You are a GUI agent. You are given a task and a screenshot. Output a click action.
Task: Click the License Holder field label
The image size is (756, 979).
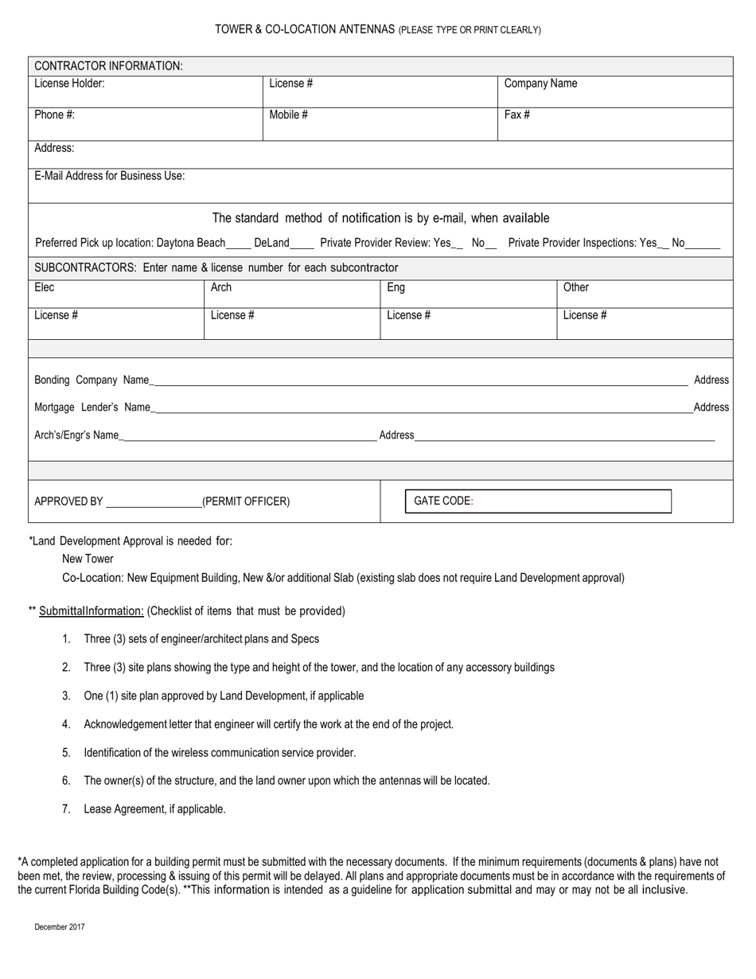(x=69, y=84)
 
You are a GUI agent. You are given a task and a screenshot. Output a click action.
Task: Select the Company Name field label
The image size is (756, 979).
(x=540, y=84)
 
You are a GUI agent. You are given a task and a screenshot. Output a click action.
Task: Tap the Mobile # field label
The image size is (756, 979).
(x=288, y=115)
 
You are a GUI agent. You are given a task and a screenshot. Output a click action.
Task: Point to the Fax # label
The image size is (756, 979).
(x=516, y=115)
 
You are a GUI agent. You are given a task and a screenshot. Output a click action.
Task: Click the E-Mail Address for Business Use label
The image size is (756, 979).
(x=109, y=176)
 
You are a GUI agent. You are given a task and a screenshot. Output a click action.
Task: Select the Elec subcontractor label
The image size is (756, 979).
(x=45, y=287)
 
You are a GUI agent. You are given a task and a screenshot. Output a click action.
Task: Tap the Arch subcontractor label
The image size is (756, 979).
(x=221, y=287)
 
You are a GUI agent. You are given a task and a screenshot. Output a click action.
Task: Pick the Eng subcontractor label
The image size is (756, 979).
(x=396, y=287)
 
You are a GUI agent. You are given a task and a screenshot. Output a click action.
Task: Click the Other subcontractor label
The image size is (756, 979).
(x=576, y=287)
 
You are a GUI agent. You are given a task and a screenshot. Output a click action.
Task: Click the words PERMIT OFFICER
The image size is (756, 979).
(x=246, y=501)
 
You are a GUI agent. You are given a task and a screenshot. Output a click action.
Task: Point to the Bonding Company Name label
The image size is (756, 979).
(x=92, y=380)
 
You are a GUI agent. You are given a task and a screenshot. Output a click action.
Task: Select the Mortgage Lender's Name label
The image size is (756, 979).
(x=92, y=408)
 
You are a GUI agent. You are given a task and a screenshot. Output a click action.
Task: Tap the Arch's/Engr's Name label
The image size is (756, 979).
(x=76, y=435)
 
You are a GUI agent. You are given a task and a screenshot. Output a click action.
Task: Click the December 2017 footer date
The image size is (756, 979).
(x=60, y=927)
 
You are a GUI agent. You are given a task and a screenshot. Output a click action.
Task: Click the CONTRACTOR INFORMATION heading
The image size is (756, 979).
(x=108, y=66)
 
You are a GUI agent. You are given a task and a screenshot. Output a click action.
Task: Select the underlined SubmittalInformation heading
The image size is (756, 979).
(x=92, y=611)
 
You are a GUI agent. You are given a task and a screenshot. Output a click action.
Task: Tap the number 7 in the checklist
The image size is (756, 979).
(x=66, y=809)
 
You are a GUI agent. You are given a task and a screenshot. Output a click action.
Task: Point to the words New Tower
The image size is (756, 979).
(x=88, y=559)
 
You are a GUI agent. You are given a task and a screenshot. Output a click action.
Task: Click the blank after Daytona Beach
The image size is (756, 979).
(x=239, y=244)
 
